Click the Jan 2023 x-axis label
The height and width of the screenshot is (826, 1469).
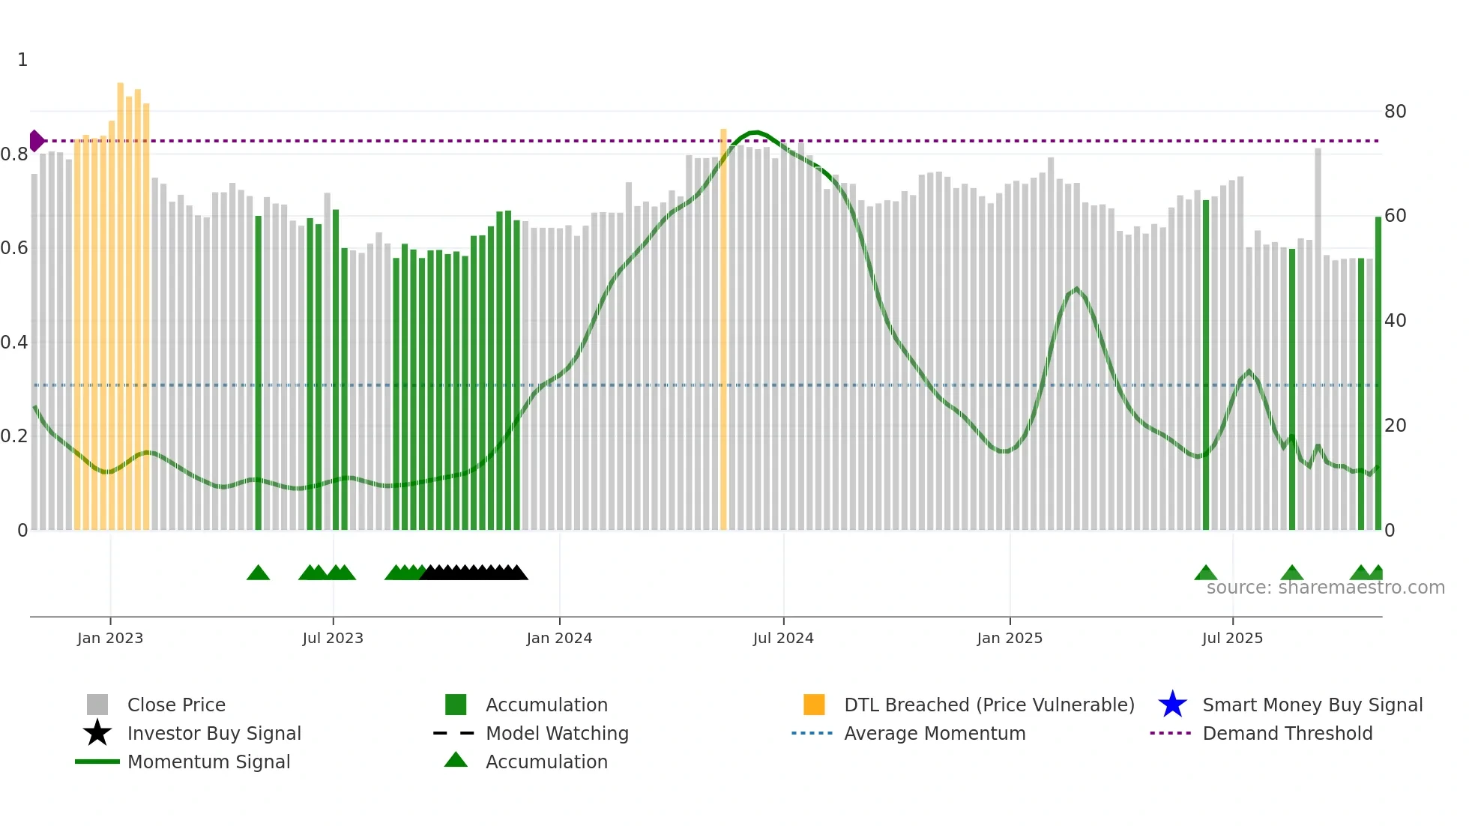tap(110, 638)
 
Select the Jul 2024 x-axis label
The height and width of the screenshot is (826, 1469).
tap(783, 638)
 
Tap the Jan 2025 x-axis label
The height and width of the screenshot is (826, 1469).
tap(1010, 638)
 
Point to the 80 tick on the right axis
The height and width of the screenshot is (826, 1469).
tap(1395, 112)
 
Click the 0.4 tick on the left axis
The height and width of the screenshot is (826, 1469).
tap(14, 343)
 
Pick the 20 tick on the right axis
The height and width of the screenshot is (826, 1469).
tap(1395, 426)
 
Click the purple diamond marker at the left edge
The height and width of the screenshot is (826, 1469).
tap(36, 141)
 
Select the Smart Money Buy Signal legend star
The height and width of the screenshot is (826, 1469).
tap(1172, 705)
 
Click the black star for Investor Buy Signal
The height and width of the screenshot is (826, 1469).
tap(97, 733)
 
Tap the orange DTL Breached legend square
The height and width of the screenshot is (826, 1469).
tap(814, 705)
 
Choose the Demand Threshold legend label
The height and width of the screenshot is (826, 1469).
tap(1287, 733)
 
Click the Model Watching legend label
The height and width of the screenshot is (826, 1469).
tap(557, 733)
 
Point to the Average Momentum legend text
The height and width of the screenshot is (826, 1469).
tap(935, 733)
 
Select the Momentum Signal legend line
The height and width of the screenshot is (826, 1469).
tap(97, 762)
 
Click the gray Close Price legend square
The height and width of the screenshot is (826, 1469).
tap(97, 705)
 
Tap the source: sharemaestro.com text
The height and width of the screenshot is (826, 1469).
tap(1325, 588)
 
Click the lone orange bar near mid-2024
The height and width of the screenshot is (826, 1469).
tap(723, 330)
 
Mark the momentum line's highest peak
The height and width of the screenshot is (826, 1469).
tap(755, 133)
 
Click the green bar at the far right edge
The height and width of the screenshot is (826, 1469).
tap(1378, 375)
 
